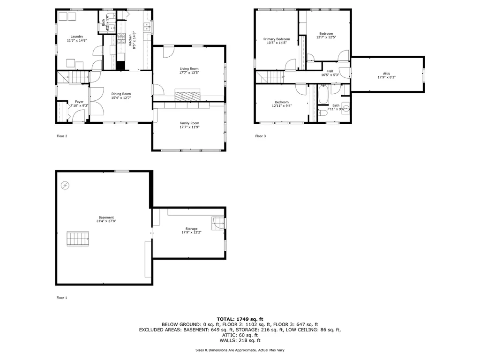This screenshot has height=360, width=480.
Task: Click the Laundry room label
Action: [77, 37]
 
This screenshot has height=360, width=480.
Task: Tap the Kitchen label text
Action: [130, 40]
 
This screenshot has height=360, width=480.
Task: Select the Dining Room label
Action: [121, 94]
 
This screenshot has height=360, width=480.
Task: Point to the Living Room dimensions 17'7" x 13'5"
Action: [189, 73]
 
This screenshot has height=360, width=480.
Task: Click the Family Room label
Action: [189, 123]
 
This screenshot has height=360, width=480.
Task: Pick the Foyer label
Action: [79, 102]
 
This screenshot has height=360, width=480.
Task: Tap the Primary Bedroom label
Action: [277, 39]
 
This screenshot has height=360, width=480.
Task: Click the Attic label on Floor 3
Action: [387, 74]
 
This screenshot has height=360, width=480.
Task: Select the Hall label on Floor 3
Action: [330, 71]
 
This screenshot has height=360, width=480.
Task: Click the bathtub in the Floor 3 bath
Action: [323, 95]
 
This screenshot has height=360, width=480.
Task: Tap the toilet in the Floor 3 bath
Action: [322, 113]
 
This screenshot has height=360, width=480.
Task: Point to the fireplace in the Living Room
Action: [187, 95]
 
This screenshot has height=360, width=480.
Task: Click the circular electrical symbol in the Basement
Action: [65, 185]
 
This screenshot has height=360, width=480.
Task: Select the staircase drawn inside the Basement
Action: [78, 239]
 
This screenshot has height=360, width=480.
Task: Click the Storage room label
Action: [191, 229]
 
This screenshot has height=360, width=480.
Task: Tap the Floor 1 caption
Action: [62, 298]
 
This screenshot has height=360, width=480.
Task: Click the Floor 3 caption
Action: [261, 136]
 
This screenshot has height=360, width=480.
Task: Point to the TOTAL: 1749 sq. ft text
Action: [240, 319]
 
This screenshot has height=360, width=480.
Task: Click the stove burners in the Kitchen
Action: [121, 38]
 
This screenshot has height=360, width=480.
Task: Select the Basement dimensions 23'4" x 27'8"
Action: [106, 221]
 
